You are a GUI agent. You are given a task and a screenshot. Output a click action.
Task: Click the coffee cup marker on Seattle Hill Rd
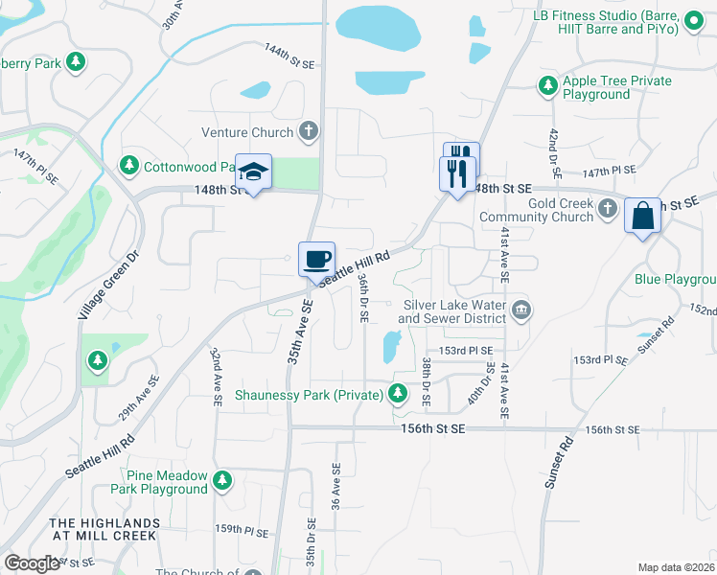pos(317,259)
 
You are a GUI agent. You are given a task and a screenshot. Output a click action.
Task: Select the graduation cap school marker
pos(253,172)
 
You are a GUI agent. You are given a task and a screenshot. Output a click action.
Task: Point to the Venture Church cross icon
pos(308,130)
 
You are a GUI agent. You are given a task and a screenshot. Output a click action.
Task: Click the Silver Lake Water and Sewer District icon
pos(522,309)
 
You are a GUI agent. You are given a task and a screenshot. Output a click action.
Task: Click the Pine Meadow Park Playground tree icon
pos(222,479)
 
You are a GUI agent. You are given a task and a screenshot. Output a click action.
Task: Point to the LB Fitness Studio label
pos(606,23)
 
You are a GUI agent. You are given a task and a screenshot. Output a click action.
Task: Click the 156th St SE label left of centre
pos(431,430)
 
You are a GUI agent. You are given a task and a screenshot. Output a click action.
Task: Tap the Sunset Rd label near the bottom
pos(559,463)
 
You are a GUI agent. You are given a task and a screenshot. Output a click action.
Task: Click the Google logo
pos(32,563)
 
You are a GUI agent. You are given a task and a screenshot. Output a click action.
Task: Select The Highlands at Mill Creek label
pos(104,529)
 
